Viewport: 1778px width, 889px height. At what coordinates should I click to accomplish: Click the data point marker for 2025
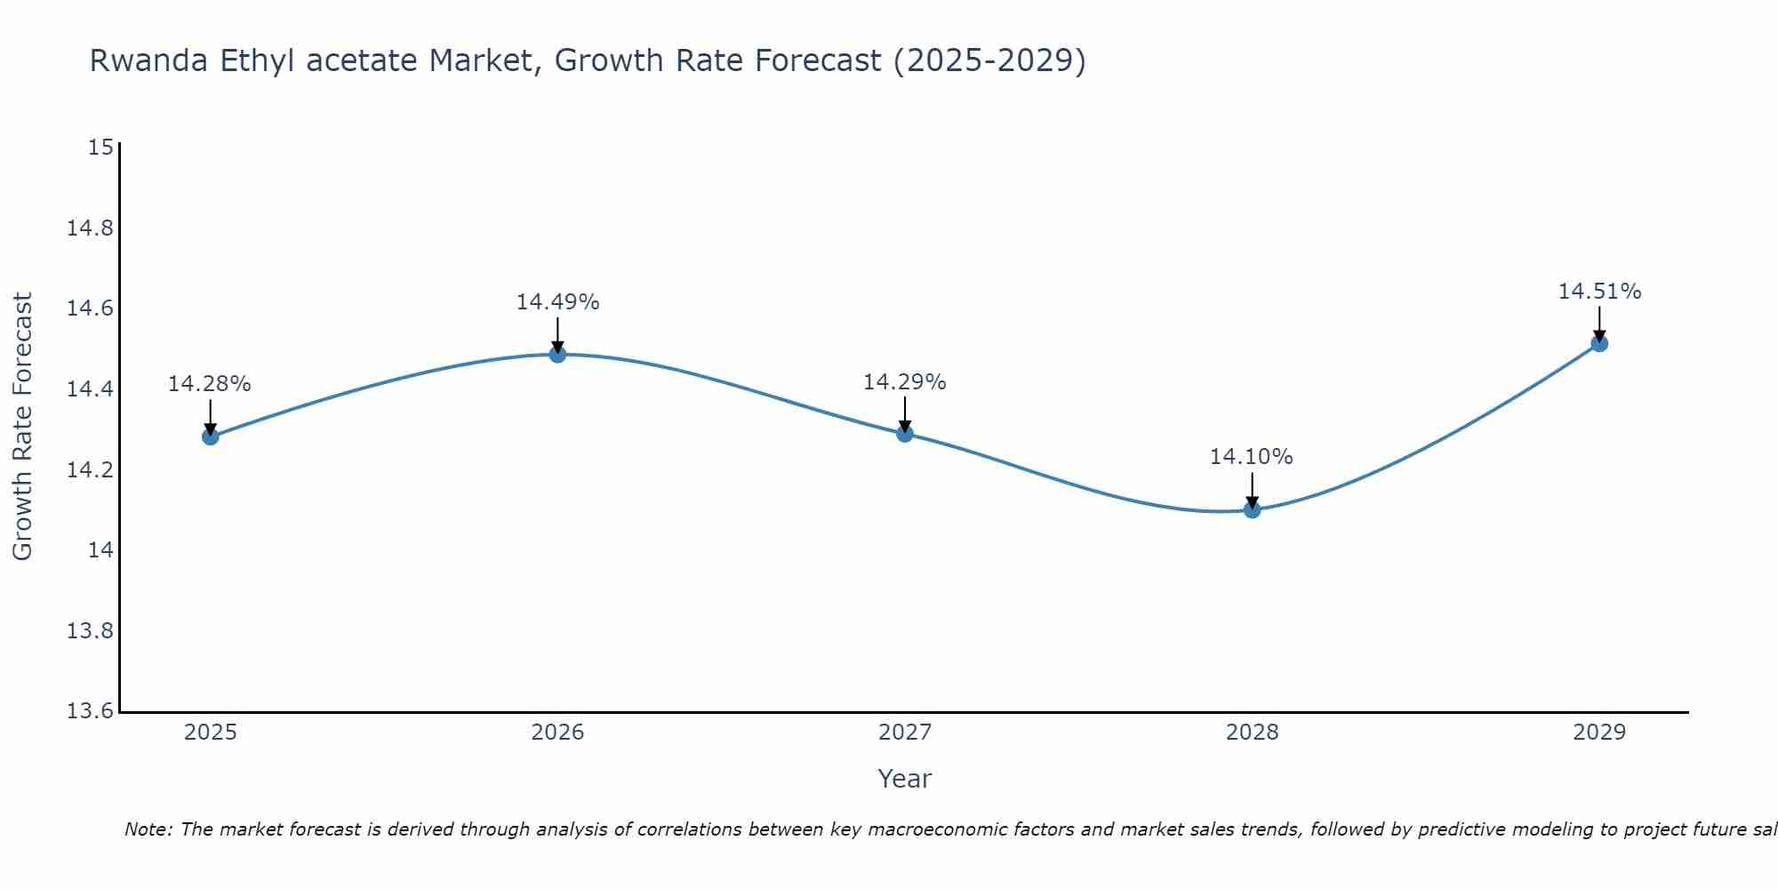click(x=211, y=436)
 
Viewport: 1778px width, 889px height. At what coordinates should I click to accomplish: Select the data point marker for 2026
click(x=557, y=355)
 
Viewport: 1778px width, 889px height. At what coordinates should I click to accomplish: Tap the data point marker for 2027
click(x=905, y=434)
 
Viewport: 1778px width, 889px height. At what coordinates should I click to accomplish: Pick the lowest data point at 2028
click(x=1252, y=509)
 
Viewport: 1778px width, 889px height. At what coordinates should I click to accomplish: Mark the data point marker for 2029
click(x=1599, y=343)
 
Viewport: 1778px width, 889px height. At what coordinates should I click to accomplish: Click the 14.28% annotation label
click(x=210, y=384)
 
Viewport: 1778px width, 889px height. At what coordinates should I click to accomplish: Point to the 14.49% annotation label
click(x=557, y=302)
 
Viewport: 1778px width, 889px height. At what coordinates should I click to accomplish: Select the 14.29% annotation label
click(x=905, y=382)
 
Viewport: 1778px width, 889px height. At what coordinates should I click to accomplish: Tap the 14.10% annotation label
click(x=1251, y=457)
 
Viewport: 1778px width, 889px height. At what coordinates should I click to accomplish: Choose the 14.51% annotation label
click(x=1599, y=292)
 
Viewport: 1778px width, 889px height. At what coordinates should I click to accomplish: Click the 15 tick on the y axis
click(x=100, y=148)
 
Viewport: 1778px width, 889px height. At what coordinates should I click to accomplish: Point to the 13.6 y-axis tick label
click(x=91, y=711)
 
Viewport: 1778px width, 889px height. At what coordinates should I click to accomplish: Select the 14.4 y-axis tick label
click(x=91, y=389)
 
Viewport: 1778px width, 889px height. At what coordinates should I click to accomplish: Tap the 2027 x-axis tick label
click(x=905, y=733)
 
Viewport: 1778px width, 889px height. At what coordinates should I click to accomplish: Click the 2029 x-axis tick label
click(x=1599, y=733)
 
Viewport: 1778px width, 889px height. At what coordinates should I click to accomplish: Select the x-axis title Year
click(x=904, y=779)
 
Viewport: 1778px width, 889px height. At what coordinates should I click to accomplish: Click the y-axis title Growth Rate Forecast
click(x=22, y=427)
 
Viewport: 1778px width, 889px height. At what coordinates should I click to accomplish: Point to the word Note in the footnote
click(x=146, y=829)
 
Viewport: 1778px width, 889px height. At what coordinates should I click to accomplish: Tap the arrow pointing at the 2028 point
click(x=1252, y=490)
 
